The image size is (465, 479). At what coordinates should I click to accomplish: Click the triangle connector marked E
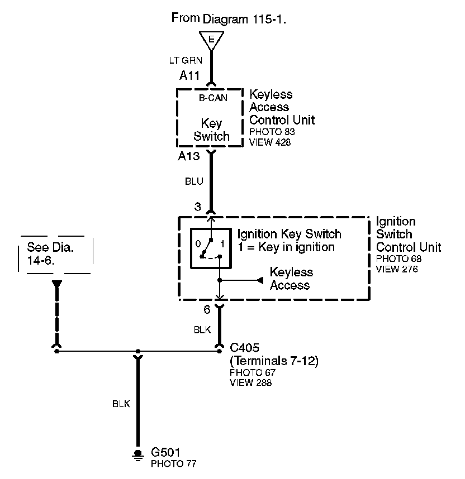click(x=211, y=40)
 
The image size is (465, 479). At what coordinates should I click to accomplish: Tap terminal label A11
click(x=189, y=75)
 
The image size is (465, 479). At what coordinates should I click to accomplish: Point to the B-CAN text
click(x=213, y=99)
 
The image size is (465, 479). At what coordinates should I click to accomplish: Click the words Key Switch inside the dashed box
click(x=211, y=130)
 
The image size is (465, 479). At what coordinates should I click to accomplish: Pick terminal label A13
click(x=189, y=157)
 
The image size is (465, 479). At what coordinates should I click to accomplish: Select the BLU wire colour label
click(x=194, y=181)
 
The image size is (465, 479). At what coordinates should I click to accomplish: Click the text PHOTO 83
click(x=272, y=132)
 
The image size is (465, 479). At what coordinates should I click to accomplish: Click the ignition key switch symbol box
click(x=211, y=248)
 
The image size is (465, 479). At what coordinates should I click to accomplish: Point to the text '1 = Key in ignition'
click(x=286, y=247)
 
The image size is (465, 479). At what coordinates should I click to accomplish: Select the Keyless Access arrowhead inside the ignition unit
click(x=260, y=280)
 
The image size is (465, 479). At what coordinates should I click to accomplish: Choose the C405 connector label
click(x=245, y=347)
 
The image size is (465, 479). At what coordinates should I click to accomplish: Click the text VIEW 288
click(x=250, y=384)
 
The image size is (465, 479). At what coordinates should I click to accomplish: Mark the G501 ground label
click(x=166, y=452)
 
